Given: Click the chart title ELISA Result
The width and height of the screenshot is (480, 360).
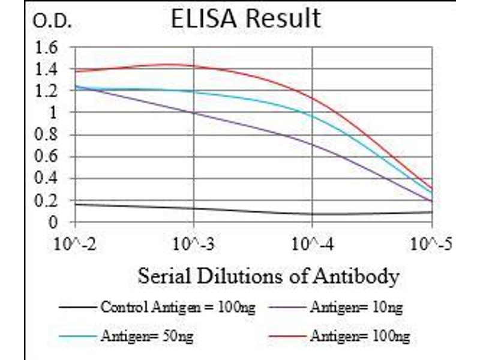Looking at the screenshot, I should tap(245, 19).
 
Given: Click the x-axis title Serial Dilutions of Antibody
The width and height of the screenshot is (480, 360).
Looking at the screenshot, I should tap(268, 277).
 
